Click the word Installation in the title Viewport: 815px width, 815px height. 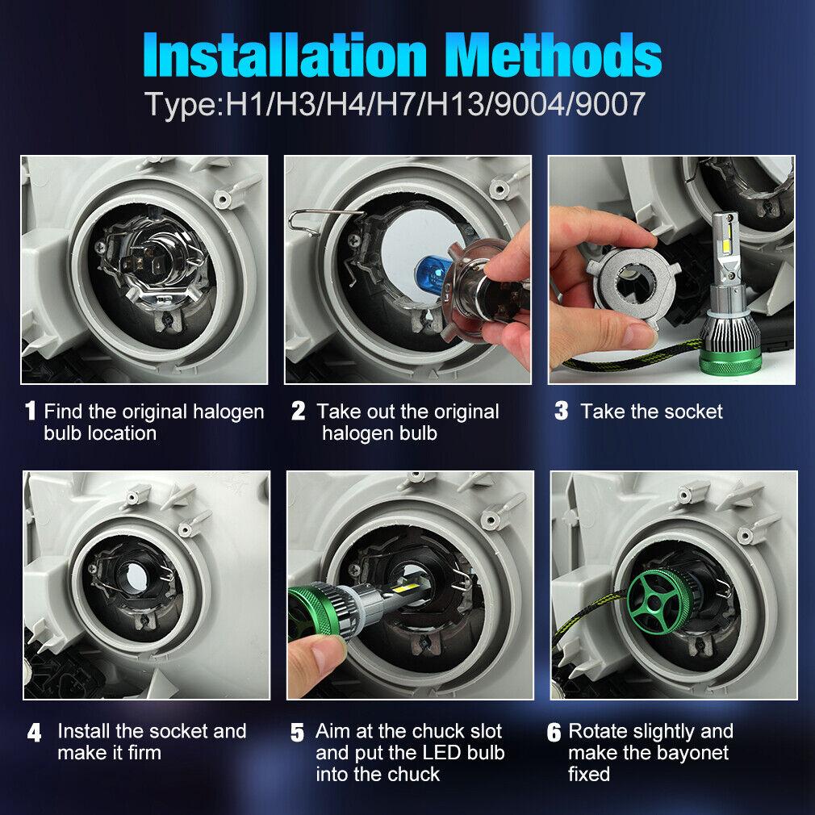[285, 55]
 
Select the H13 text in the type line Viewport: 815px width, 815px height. [457, 104]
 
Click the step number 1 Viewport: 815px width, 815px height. [31, 411]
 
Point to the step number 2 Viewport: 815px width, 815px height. [299, 411]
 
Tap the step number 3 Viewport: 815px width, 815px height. [562, 411]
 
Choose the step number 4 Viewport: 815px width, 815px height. [35, 733]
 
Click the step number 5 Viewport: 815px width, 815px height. [297, 733]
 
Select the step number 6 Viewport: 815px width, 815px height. [554, 733]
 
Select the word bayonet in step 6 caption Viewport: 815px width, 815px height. [685, 753]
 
